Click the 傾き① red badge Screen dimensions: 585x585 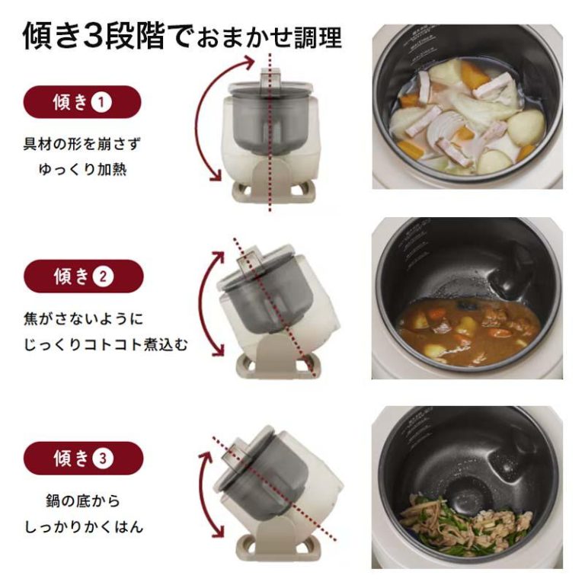tap(82, 102)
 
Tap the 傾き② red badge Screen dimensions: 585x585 tap(84, 276)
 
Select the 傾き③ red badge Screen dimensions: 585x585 tap(83, 458)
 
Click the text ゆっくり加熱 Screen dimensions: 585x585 tap(82, 170)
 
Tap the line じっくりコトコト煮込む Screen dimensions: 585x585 tap(106, 344)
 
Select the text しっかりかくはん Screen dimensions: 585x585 tap(84, 527)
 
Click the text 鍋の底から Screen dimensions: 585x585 tap(83, 500)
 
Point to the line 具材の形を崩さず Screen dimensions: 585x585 tap(82, 144)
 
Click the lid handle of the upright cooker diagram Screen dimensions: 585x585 tap(270, 78)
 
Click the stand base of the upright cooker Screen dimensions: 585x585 tap(273, 192)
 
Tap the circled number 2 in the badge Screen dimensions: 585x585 tap(103, 277)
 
